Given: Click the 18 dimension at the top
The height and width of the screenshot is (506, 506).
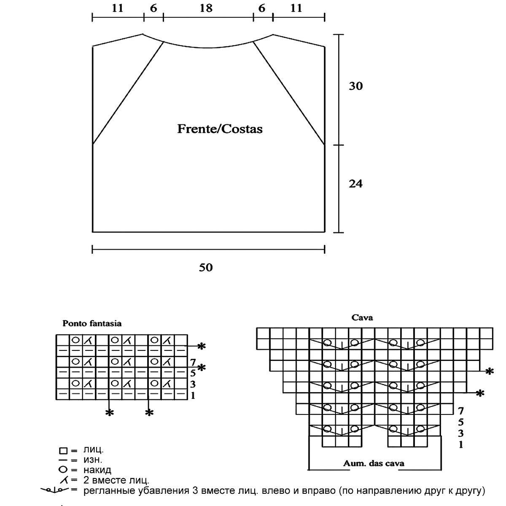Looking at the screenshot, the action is (x=206, y=8).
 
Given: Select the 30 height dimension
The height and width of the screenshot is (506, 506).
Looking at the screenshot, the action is (x=355, y=86).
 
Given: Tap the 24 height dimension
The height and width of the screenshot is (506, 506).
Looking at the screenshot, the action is (x=355, y=184).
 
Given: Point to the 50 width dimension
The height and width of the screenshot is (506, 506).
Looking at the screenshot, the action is (x=206, y=267).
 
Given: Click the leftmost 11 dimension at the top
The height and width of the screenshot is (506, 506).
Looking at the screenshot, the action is (x=118, y=8).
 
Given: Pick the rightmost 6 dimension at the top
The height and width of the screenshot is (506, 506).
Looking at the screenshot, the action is (x=262, y=8).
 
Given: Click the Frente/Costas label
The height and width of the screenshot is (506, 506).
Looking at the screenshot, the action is (x=220, y=129).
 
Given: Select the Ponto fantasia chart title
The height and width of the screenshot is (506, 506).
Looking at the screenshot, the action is (x=92, y=323).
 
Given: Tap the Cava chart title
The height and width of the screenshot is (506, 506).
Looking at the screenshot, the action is (x=362, y=318).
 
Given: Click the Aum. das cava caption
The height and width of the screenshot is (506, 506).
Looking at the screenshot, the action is (x=374, y=463).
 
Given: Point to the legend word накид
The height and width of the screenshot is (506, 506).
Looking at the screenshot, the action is (x=97, y=470).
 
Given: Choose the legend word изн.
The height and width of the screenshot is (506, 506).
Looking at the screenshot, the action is (x=93, y=460).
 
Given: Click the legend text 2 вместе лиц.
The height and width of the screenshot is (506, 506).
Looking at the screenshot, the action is (x=116, y=480).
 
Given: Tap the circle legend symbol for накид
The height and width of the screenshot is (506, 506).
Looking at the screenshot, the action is (x=64, y=469).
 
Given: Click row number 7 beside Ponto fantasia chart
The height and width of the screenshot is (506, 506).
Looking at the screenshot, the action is (x=193, y=362).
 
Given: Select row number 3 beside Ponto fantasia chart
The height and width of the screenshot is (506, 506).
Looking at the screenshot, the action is (x=192, y=384).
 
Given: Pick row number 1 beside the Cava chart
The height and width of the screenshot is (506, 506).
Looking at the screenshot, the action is (x=461, y=444).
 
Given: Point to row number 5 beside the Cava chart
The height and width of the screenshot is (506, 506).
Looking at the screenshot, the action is (x=461, y=422).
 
